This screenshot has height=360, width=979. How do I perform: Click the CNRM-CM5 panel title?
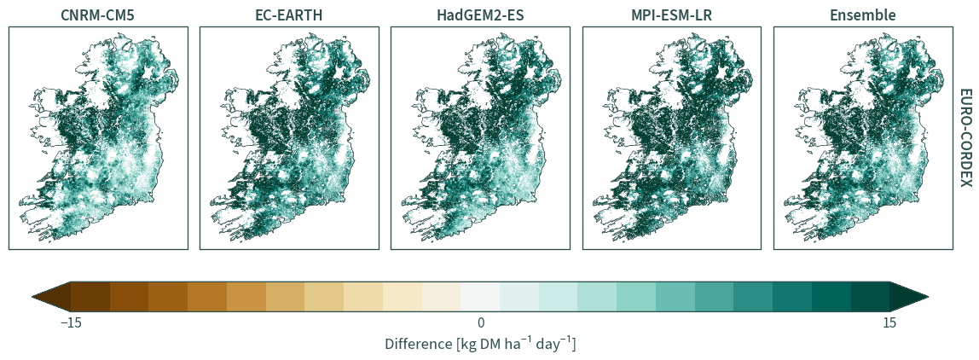tap(98, 15)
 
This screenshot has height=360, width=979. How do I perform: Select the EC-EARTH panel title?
tap(289, 15)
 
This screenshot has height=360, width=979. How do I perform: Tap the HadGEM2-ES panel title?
tap(480, 15)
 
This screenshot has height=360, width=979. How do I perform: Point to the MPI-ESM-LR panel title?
tap(672, 15)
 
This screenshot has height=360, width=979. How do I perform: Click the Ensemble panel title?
tap(863, 15)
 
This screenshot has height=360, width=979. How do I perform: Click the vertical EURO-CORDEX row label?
tap(965, 137)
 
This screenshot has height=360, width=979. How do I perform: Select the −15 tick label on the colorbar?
tap(71, 323)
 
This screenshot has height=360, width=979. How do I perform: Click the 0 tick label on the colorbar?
tap(480, 323)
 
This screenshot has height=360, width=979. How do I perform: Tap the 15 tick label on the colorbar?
tap(889, 323)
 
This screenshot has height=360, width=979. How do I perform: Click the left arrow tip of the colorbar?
tap(32, 296)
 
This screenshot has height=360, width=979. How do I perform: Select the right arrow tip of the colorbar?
tap(928, 296)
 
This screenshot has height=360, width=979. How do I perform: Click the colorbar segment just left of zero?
tap(442, 296)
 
